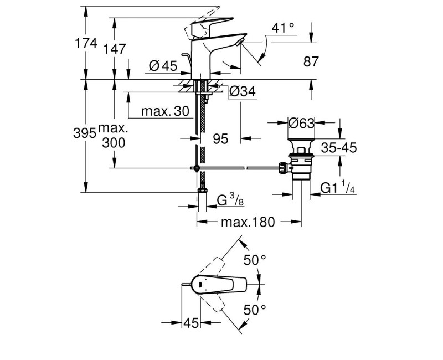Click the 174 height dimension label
click(86, 43)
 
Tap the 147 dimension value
click(114, 49)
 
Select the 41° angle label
click(283, 28)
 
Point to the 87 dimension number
click(311, 61)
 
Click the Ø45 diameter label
click(163, 66)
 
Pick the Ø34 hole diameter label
click(242, 91)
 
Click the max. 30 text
click(165, 111)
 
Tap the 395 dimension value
click(85, 133)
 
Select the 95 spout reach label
click(220, 139)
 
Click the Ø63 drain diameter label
click(301, 123)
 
